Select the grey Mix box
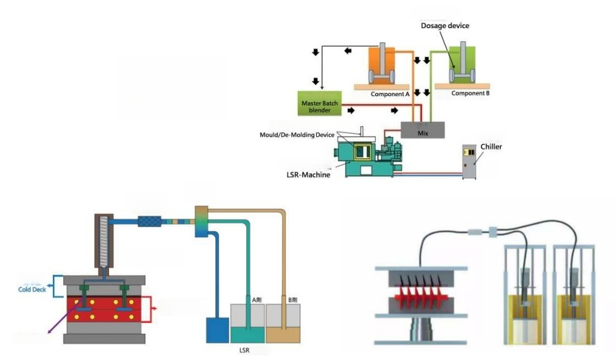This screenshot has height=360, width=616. point(423,128)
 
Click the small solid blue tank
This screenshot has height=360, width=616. point(216,330)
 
